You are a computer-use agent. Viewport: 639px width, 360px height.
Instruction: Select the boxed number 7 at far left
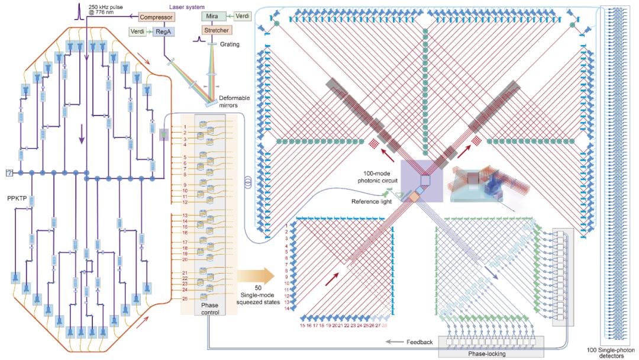[9, 172]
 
